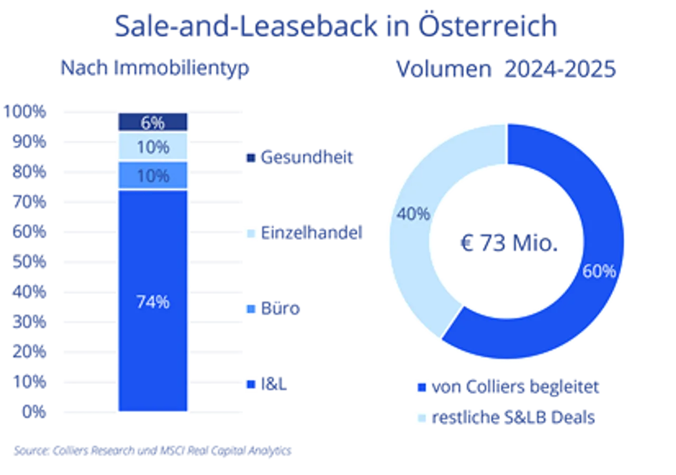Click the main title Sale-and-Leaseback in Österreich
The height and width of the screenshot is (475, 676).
(335, 26)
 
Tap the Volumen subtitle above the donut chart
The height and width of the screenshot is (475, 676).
(504, 69)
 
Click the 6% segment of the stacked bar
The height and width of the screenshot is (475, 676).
(153, 123)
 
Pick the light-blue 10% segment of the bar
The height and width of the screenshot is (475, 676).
(153, 147)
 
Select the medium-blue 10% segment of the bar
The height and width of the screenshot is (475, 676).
(153, 175)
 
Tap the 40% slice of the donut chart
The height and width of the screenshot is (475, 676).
(417, 222)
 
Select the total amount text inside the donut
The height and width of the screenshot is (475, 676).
(506, 244)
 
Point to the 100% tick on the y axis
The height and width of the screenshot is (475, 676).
(26, 111)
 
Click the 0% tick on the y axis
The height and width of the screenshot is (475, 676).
(33, 411)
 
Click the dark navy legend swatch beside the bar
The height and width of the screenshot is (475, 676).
(251, 157)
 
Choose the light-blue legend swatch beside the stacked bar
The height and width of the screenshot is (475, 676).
(251, 233)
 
